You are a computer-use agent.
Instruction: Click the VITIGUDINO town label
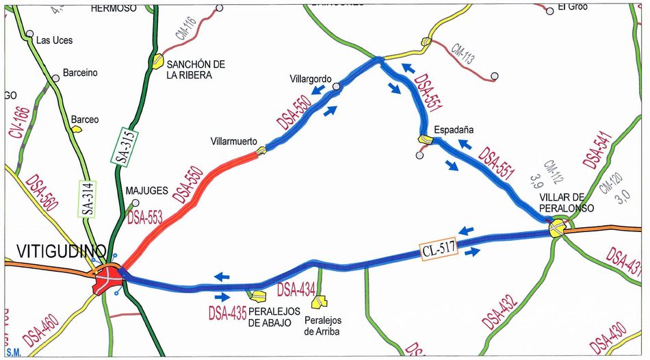click(55, 251)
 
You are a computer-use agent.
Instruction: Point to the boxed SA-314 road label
click(88, 198)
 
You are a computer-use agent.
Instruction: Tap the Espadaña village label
click(454, 129)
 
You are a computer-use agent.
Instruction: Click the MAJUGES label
click(141, 192)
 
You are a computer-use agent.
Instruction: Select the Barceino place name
click(80, 73)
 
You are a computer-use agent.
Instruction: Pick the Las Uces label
click(54, 40)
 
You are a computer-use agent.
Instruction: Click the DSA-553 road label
click(145, 218)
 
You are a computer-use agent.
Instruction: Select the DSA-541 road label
click(595, 150)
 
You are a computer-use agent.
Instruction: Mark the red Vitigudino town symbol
click(108, 278)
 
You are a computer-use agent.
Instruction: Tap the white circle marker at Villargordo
click(337, 86)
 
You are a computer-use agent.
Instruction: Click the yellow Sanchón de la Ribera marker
click(158, 60)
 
